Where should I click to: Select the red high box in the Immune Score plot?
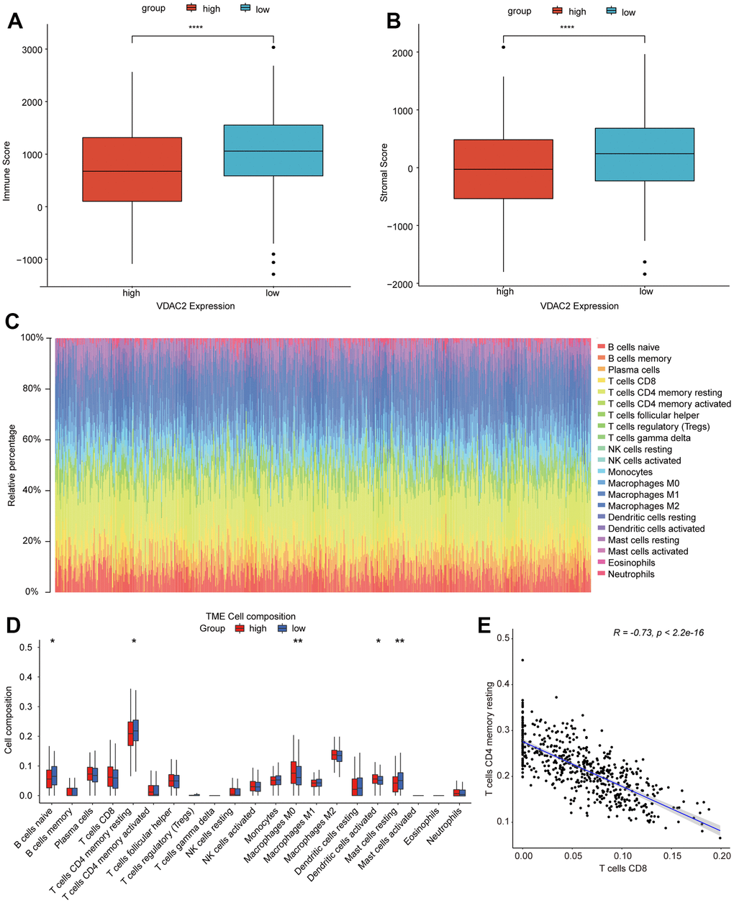(x=132, y=169)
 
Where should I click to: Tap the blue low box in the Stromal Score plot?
(x=645, y=154)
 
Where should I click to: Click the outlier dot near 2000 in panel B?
(x=504, y=47)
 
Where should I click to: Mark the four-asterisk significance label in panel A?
(x=196, y=29)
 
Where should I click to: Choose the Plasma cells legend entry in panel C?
(x=633, y=370)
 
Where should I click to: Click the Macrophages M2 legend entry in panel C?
(x=643, y=506)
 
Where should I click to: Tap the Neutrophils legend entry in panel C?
(x=630, y=574)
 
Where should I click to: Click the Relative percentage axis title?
(x=12, y=465)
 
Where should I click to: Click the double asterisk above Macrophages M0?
(x=297, y=642)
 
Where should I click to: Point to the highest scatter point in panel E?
(x=523, y=660)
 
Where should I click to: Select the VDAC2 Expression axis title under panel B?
(x=579, y=306)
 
